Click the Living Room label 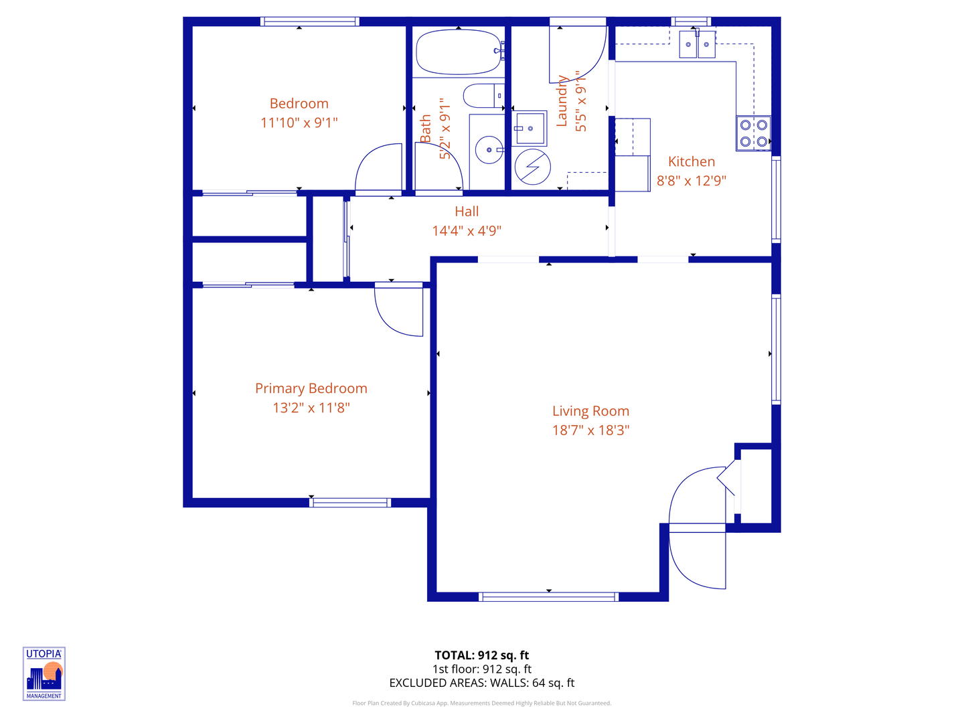coord(590,411)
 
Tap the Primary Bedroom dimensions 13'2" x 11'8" coord(311,408)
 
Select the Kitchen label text coord(692,161)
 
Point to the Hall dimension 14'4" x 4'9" coord(467,231)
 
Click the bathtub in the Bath coord(459,52)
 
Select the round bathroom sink coord(489,150)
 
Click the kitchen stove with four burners coord(753,133)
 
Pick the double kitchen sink coord(698,45)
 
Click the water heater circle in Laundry coord(533,166)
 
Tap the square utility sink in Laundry coord(530,129)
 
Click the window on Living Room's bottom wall coord(548,596)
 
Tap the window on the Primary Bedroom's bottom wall coord(350,502)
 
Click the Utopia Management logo coord(44,674)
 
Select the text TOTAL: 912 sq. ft coord(481,655)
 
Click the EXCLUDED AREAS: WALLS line coord(481,683)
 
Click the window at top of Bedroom coord(309,21)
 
